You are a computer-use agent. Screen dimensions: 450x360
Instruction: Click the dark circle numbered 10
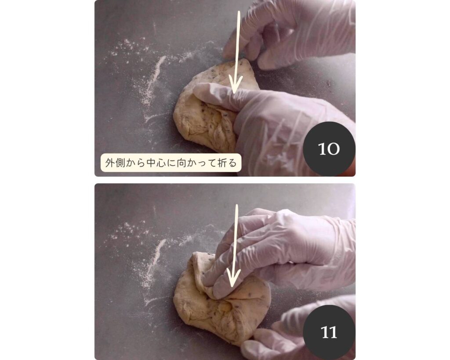tap(329, 149)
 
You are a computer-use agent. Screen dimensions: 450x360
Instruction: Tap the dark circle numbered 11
tap(329, 332)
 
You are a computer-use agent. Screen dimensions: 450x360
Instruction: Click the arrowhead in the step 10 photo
tap(235, 86)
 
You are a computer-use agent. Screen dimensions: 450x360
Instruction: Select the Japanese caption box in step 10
tap(171, 163)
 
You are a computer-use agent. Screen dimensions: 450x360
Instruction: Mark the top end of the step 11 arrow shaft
tap(237, 205)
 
